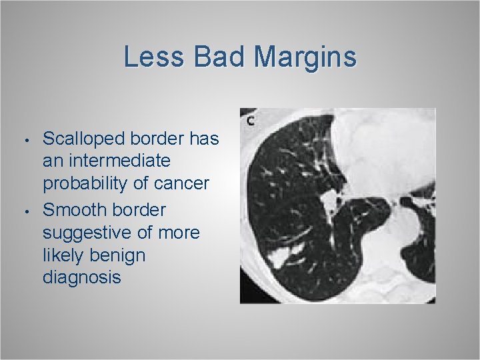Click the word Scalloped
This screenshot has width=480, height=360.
coord(84,139)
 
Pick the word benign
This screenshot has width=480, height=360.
coord(121,255)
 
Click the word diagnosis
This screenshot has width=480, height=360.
coord(82,277)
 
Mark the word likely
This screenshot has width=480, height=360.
coord(64,255)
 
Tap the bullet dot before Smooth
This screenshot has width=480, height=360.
coord(23,212)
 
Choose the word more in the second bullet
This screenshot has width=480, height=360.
coord(179,233)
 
